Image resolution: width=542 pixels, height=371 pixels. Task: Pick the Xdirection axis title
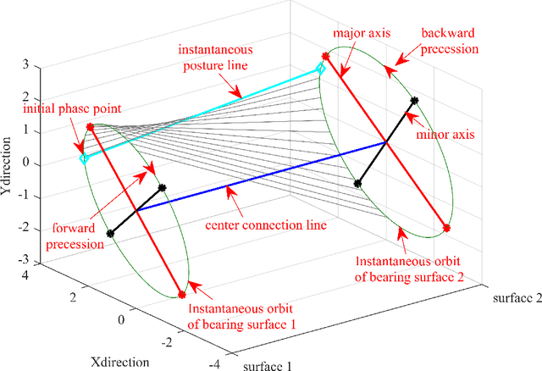tap(124, 362)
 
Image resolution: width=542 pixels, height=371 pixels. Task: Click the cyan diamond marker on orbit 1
tap(83, 158)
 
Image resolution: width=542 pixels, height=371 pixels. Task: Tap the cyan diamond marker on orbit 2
tap(320, 70)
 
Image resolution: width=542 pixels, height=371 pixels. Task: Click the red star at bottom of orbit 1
tap(181, 295)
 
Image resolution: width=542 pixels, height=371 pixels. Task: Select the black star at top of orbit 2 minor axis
tap(414, 101)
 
